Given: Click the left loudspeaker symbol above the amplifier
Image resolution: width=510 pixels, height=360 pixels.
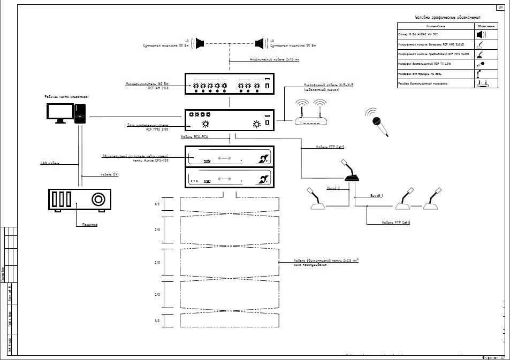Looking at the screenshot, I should coord(200,42).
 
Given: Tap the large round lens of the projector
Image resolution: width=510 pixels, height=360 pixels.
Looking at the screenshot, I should coord(98,200).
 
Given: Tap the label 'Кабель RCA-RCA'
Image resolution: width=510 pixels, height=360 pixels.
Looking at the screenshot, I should coord(195,137).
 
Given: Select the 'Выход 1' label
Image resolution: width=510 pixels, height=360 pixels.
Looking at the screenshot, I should coord(377,196).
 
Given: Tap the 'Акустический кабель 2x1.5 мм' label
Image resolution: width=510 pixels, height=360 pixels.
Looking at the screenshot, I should coord(275,59).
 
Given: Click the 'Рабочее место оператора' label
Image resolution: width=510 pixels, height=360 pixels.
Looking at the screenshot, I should coord(66,97).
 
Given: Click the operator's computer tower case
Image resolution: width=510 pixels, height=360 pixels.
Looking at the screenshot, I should coord(80,114).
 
